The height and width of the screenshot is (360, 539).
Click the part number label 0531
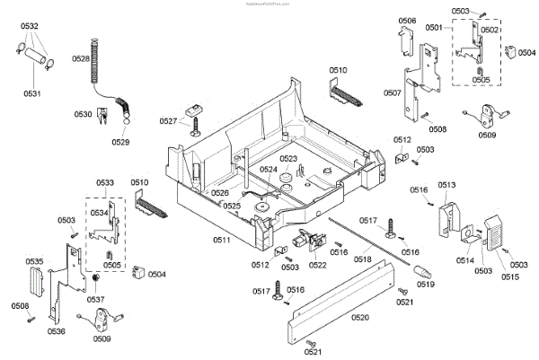coord(32,93)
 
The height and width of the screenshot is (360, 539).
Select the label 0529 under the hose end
coord(120,142)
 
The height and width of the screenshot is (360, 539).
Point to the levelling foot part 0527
coord(192,121)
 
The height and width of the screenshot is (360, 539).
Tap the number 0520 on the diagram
coord(360,318)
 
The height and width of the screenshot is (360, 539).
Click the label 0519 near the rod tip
coord(427,283)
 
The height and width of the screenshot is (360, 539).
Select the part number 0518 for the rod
coord(364,259)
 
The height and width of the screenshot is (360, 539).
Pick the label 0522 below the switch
coord(317,264)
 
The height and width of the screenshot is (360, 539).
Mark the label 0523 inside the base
coord(287,159)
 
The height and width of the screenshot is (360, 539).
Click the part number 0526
coord(220,192)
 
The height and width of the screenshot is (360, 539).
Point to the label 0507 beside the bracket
coord(393,92)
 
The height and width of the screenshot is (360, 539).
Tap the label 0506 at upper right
coord(407,21)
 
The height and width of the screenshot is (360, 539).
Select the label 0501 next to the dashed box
coord(435,28)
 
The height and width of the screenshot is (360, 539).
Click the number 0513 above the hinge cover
coord(447,184)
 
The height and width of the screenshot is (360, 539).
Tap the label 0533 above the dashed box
coord(105,182)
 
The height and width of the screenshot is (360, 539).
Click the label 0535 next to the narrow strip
coord(34,262)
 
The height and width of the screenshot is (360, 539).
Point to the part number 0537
coord(95,300)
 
